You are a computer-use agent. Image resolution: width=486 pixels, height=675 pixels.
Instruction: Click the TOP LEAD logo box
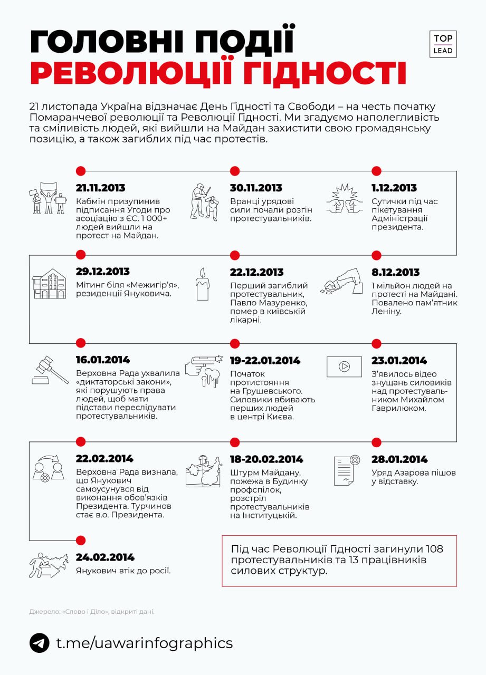(x=443, y=44)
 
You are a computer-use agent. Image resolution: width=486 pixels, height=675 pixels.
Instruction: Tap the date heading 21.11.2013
(x=100, y=188)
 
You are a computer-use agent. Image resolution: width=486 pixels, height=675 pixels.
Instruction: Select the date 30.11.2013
(x=256, y=188)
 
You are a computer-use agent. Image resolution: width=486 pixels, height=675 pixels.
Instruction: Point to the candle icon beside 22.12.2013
(x=202, y=284)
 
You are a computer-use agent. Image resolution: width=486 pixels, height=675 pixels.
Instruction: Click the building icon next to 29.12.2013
(x=49, y=284)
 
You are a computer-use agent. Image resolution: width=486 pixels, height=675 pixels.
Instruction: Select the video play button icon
(x=344, y=367)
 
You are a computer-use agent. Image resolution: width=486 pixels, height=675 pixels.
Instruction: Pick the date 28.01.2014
(x=399, y=459)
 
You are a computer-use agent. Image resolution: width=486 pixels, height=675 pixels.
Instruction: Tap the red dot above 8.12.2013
(x=376, y=255)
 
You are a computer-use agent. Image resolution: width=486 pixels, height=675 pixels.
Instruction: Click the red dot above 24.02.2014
(x=81, y=540)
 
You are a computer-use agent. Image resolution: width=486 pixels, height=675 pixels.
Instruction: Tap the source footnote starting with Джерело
(x=92, y=612)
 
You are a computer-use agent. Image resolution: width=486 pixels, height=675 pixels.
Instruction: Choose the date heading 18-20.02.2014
(x=266, y=459)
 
